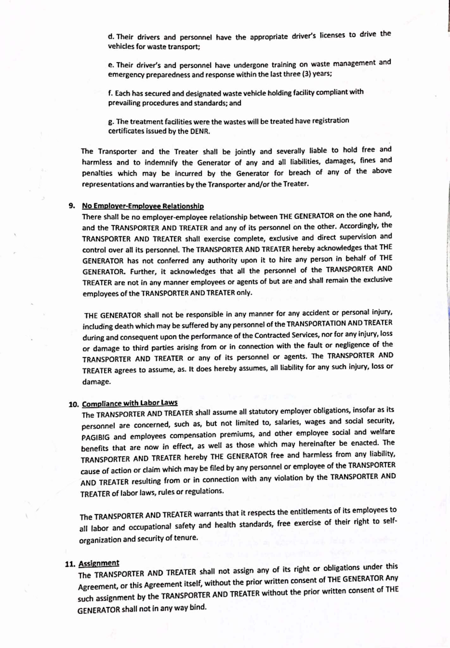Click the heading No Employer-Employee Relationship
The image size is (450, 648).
point(143,206)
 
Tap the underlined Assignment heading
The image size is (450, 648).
point(99,563)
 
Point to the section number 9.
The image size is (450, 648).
point(72,206)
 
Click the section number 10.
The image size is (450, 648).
point(73,404)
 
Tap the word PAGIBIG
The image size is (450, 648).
point(95,437)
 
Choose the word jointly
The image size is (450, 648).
point(245,152)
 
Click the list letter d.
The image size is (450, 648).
point(110,37)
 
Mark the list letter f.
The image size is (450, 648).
point(110,94)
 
